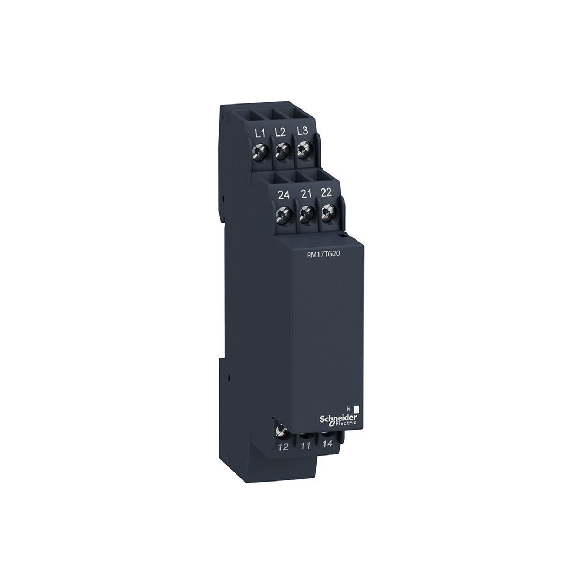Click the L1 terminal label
tap(259, 133)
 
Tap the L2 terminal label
tap(280, 132)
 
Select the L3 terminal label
tap(303, 131)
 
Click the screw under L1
tap(259, 152)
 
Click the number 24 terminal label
tap(284, 195)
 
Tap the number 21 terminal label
tap(306, 193)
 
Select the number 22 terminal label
tap(326, 192)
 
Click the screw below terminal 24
tap(283, 214)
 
